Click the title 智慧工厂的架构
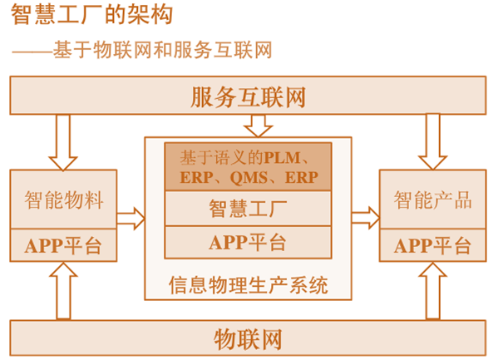click(x=91, y=15)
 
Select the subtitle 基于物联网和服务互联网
click(x=162, y=50)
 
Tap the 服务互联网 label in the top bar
click(x=248, y=96)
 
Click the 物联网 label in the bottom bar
click(x=248, y=339)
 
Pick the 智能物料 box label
click(x=64, y=200)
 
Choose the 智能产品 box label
click(x=433, y=200)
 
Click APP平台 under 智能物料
click(x=63, y=245)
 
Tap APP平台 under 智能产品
click(x=432, y=245)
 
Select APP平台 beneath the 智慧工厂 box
click(x=248, y=243)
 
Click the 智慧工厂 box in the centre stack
click(x=248, y=209)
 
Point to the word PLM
click(x=283, y=158)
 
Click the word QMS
click(x=249, y=177)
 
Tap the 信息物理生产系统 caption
click(x=248, y=284)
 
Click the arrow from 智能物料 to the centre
click(x=131, y=219)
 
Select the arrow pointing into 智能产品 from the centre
click(x=366, y=218)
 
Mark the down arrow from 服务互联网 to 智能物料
click(x=63, y=142)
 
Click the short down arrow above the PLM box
click(x=258, y=126)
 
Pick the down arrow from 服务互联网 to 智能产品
click(x=432, y=141)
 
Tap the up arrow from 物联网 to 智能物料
click(x=63, y=291)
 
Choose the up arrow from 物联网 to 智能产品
click(x=433, y=291)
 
